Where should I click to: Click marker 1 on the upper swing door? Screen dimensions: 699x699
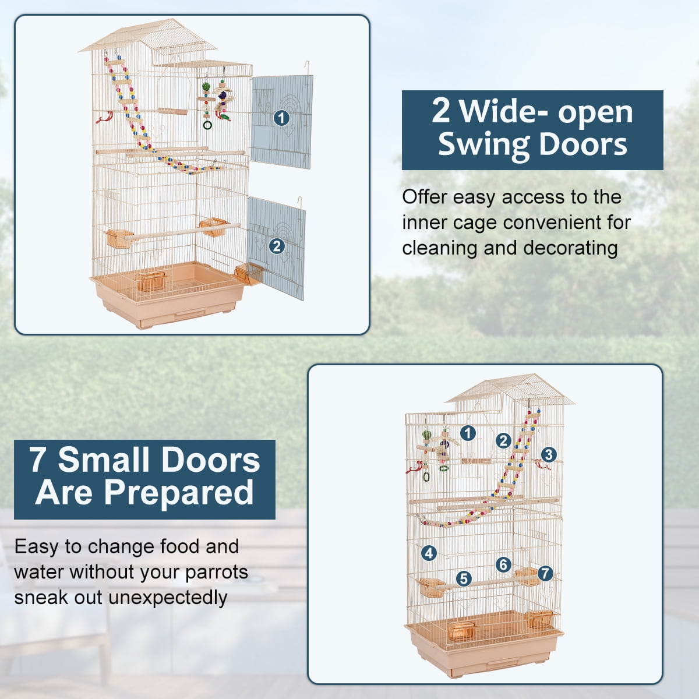pyautogui.click(x=281, y=118)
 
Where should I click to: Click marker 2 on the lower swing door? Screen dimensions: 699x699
pyautogui.click(x=277, y=246)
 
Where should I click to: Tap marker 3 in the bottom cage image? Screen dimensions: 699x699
pyautogui.click(x=548, y=454)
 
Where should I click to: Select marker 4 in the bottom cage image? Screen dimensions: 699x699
pyautogui.click(x=429, y=553)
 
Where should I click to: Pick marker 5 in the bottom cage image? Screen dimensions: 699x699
pyautogui.click(x=464, y=578)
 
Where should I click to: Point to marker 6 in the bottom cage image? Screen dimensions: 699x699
pyautogui.click(x=503, y=564)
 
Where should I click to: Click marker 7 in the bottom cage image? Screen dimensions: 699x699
pyautogui.click(x=545, y=573)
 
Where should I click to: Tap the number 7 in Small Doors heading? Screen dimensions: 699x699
pyautogui.click(x=38, y=460)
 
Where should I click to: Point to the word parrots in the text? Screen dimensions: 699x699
pyautogui.click(x=217, y=572)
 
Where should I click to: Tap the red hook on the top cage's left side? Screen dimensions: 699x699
pyautogui.click(x=104, y=118)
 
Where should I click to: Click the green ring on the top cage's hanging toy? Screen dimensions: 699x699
pyautogui.click(x=207, y=125)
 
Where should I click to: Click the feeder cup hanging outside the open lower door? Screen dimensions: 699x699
pyautogui.click(x=249, y=272)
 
